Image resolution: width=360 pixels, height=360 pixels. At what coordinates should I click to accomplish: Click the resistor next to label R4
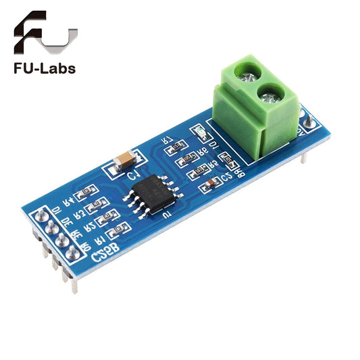(87, 195)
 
